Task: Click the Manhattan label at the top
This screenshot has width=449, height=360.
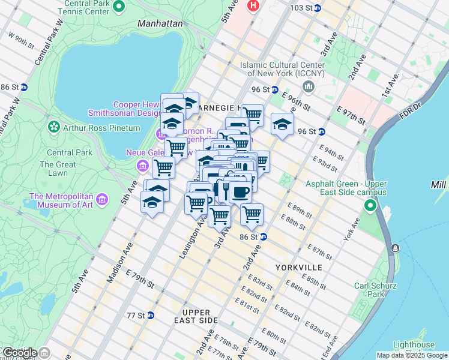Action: point(160,23)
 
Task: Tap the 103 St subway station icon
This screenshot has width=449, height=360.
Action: point(318,8)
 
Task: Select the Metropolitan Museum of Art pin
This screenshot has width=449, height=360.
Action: point(101,199)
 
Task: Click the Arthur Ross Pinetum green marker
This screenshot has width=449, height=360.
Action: point(55,127)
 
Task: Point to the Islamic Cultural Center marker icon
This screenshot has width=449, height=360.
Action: point(309,88)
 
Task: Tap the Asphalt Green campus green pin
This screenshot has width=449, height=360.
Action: point(370,206)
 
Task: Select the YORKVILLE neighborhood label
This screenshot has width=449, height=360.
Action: point(299,267)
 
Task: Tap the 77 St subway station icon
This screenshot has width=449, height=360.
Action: point(151,315)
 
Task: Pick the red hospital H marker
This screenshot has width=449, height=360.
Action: point(253,6)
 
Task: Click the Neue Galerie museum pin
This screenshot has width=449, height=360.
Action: point(143,165)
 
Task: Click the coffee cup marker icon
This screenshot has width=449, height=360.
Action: point(240,193)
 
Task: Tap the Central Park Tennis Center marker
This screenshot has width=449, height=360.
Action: point(119,7)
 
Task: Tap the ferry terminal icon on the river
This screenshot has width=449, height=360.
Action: point(394,247)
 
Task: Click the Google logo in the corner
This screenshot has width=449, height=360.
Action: point(19,353)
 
